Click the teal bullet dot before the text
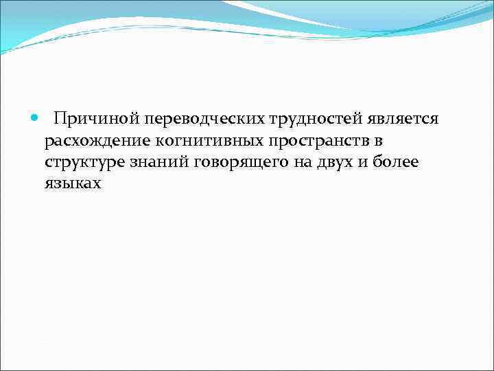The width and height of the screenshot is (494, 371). [36, 118]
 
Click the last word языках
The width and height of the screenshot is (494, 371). [73, 184]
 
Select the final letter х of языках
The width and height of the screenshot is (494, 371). [97, 184]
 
